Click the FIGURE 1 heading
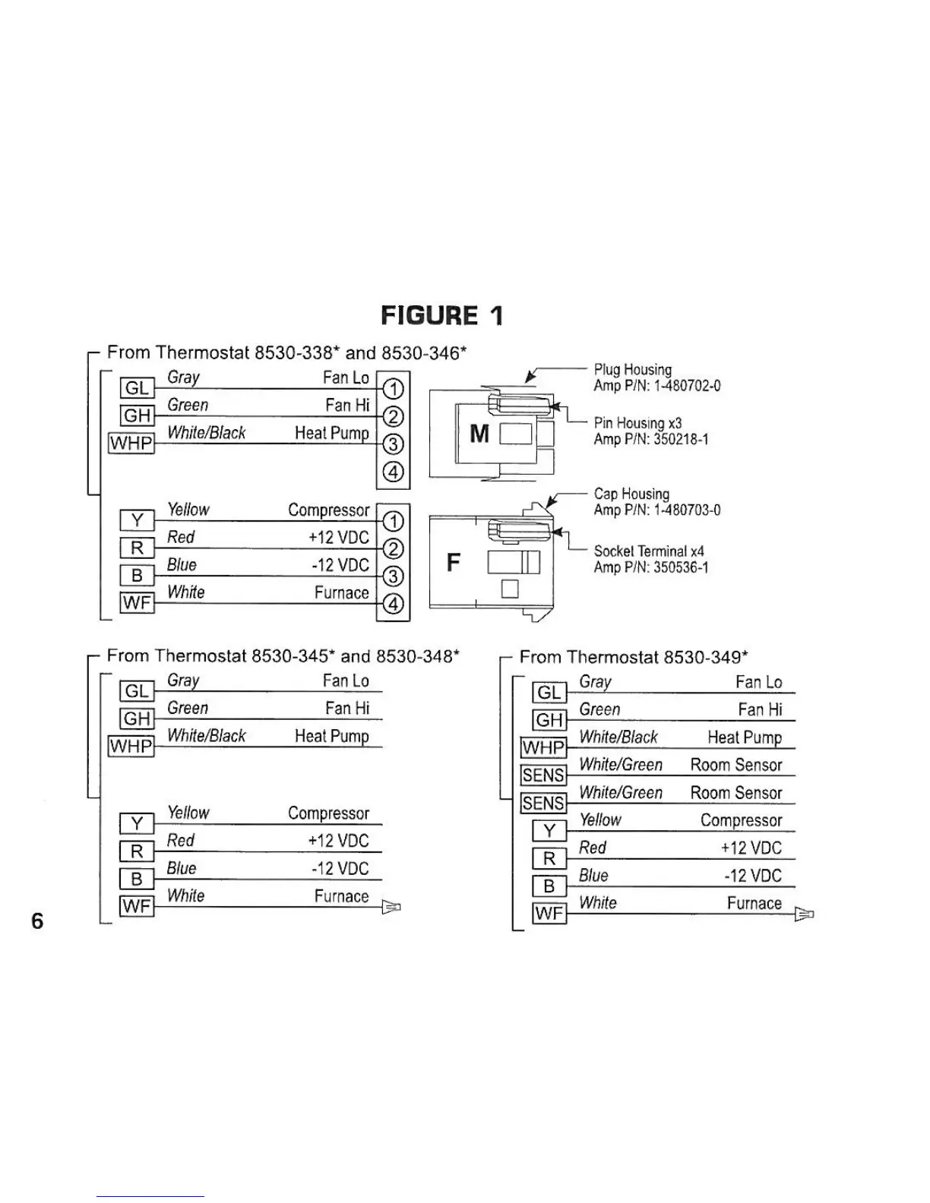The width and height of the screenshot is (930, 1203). coord(441,315)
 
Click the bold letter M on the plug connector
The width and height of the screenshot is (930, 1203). coord(479,434)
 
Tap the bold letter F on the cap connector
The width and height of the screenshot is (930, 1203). coord(454,563)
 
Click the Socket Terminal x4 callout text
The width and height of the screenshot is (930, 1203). coord(648,551)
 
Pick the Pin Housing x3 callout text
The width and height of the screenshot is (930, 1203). coord(637,423)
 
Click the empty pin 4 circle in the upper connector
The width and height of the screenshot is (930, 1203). coord(393,472)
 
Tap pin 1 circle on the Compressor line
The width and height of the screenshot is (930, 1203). coord(393,521)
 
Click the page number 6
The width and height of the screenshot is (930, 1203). coord(37,921)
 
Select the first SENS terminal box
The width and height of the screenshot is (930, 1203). coord(543,775)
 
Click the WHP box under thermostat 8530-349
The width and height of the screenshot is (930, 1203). coord(543,748)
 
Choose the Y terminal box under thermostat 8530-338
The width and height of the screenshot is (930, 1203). coord(137,520)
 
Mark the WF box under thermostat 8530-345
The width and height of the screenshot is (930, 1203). coord(137,906)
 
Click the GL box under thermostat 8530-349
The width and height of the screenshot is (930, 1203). coord(549,693)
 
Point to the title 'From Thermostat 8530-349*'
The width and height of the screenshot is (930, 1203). coord(634,657)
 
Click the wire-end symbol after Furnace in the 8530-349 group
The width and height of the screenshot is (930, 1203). coord(804,914)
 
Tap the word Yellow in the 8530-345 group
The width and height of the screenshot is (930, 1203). coord(188,813)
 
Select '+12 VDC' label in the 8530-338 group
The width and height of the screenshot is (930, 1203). coord(339,538)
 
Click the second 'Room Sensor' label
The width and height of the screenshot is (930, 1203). coord(735,793)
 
